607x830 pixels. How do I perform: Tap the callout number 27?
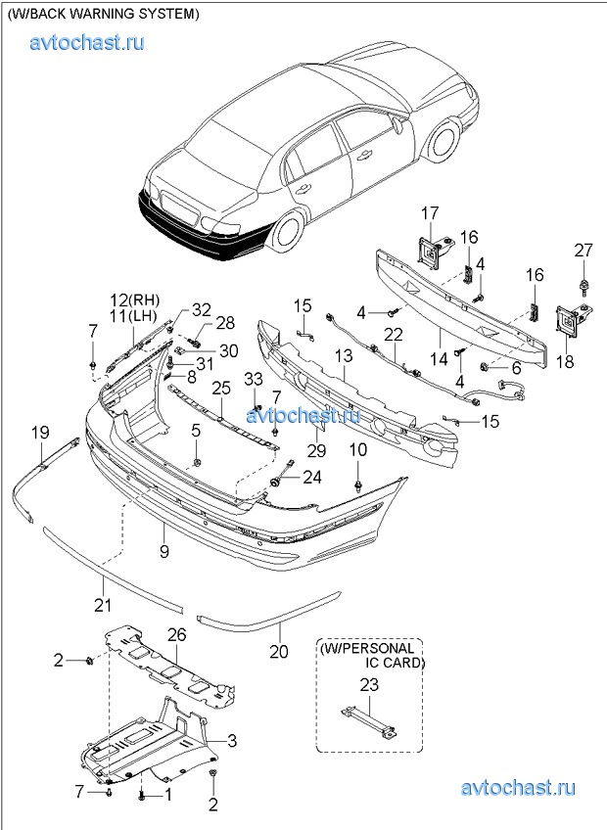(584, 251)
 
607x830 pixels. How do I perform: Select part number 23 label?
(368, 686)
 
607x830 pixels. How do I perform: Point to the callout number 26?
(175, 636)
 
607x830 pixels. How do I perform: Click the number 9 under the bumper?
(164, 552)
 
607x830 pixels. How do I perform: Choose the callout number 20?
(279, 648)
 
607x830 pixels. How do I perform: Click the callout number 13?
(345, 359)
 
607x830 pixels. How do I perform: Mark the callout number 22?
(393, 335)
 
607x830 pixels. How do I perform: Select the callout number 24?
(311, 478)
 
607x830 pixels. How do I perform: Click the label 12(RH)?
(134, 300)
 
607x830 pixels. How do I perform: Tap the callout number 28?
(225, 322)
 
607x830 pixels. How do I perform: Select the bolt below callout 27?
(584, 287)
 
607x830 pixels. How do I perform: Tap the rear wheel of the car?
(287, 232)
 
